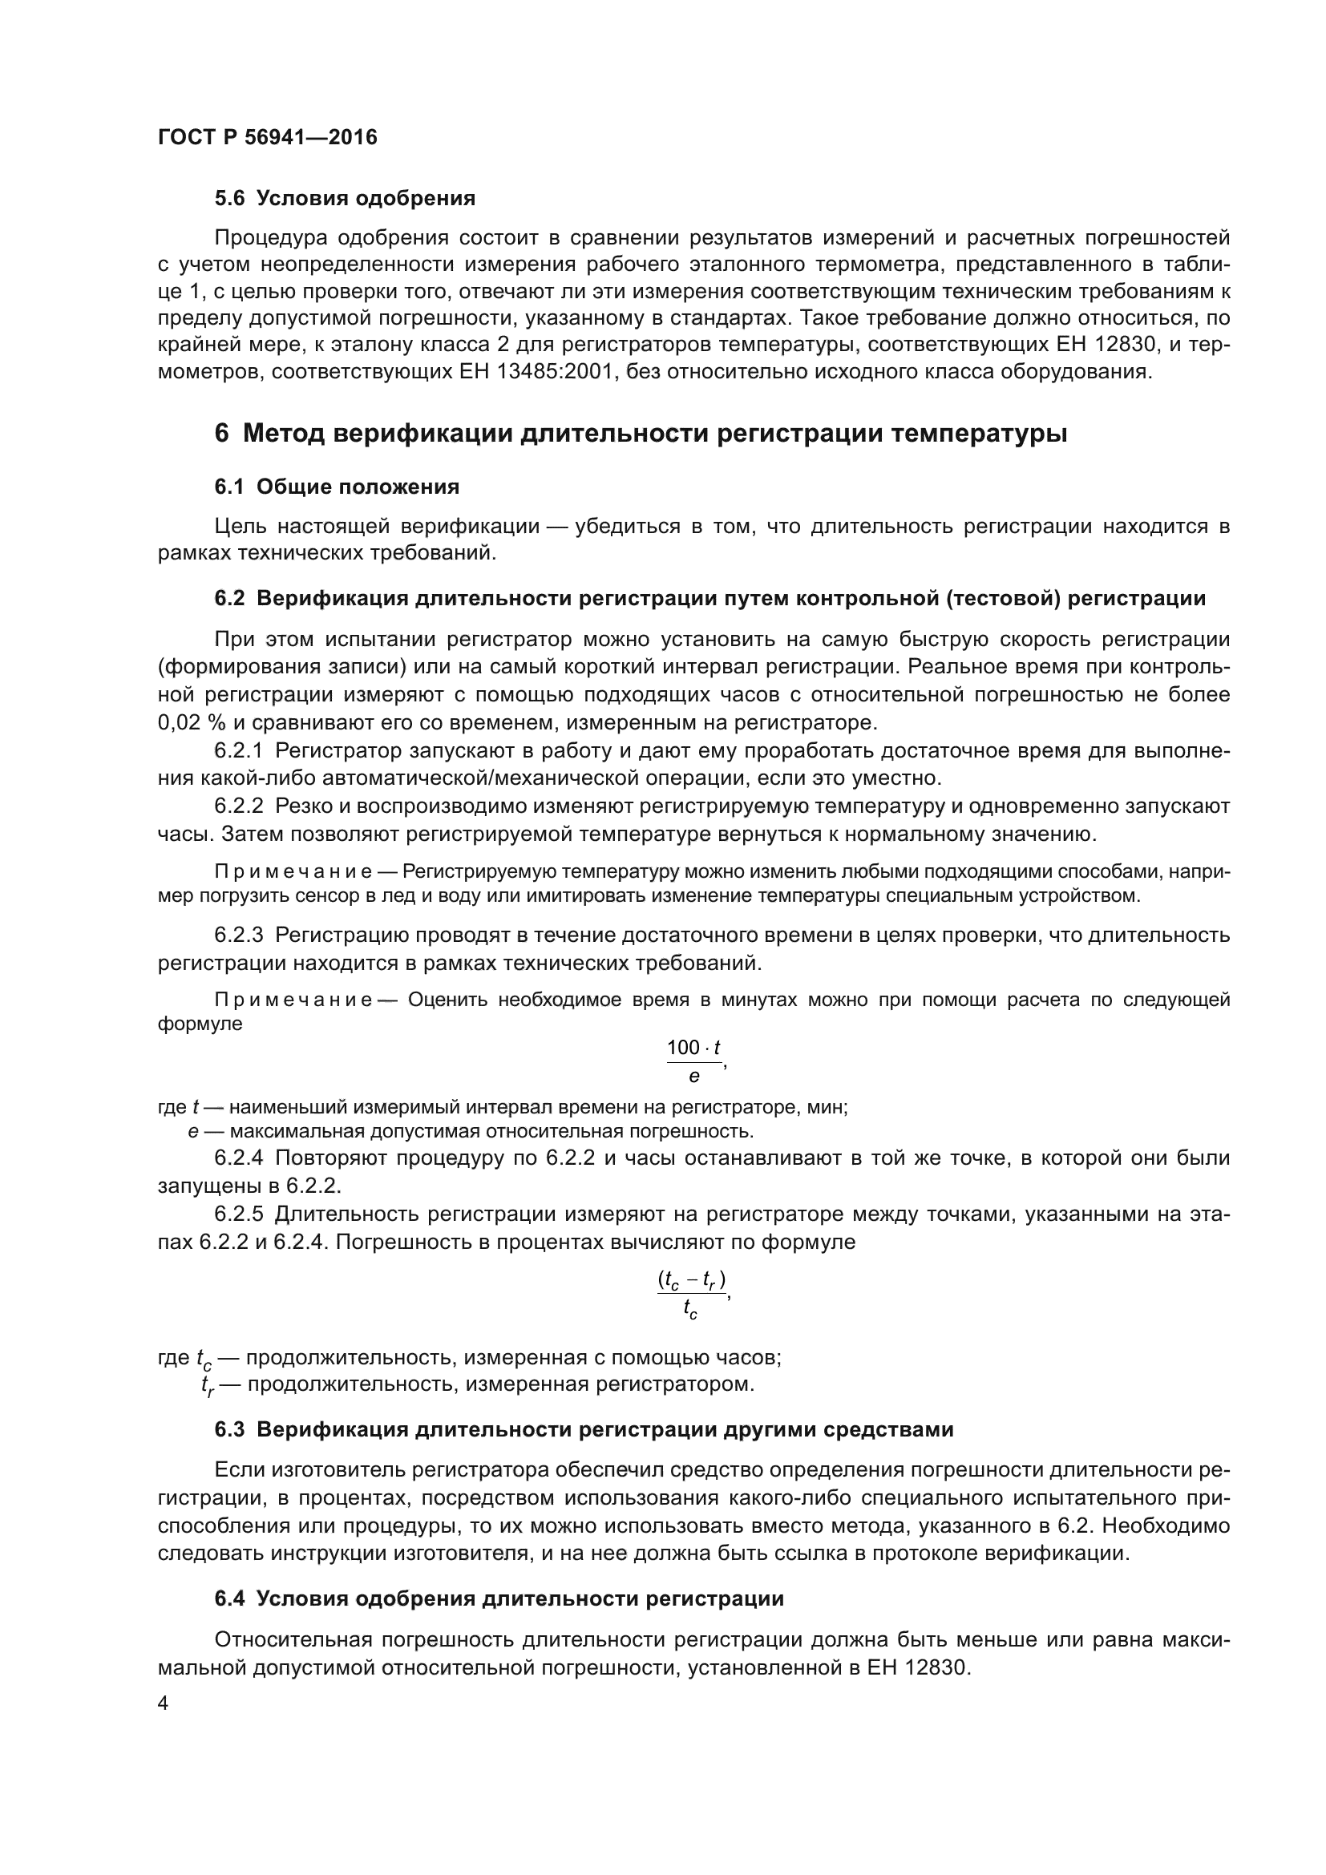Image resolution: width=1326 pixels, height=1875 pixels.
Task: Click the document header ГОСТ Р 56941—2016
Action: (x=267, y=137)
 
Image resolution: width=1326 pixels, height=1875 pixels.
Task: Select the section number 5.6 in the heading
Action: (x=229, y=199)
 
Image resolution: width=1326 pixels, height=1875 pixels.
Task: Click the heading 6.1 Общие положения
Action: (x=337, y=487)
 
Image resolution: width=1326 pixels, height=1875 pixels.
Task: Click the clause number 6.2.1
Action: (x=238, y=750)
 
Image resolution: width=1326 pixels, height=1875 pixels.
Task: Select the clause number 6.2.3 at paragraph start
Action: (x=238, y=935)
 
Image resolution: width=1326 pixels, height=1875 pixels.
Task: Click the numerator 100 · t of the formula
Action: (x=693, y=1048)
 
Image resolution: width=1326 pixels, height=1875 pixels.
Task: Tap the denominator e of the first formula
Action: (x=694, y=1077)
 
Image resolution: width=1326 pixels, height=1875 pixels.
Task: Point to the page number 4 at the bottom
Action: (x=163, y=1703)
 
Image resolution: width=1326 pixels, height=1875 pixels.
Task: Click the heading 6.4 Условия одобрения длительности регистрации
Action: (x=499, y=1599)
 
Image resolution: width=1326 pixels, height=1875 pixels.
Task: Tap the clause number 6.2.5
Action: (x=238, y=1214)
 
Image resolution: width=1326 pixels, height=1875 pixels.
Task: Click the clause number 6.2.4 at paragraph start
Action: (x=238, y=1158)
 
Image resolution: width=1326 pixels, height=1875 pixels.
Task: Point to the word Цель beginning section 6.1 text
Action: (x=239, y=527)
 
